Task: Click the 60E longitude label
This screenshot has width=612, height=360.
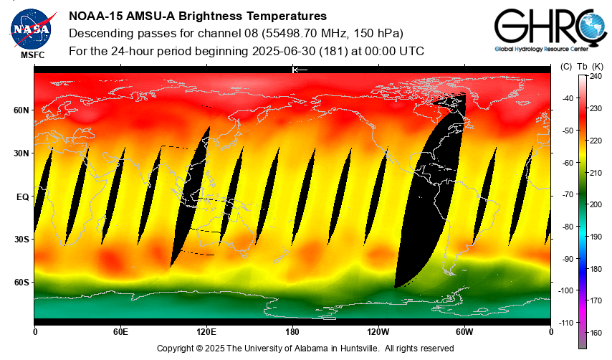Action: pos(120,331)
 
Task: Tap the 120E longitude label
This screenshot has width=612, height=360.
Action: pos(206,331)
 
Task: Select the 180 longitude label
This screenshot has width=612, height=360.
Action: pos(292,331)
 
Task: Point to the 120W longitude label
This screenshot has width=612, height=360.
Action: pos(378,331)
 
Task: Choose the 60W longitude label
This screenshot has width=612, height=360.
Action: pos(464,331)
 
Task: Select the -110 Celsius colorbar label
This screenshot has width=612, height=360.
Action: pos(566,323)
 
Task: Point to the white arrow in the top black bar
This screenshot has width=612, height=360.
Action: pos(300,70)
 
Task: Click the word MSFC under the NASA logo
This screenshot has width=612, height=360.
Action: pos(32,55)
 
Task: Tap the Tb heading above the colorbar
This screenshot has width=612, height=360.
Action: pos(581,66)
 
